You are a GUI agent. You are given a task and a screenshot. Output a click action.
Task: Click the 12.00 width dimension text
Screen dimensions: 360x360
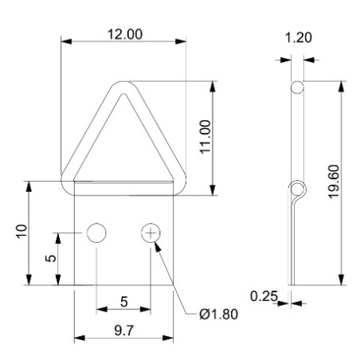(x=123, y=34)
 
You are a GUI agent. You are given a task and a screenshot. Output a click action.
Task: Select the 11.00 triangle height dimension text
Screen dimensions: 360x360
(x=205, y=137)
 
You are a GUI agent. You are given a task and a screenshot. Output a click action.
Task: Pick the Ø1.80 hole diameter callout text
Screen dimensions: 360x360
(x=215, y=313)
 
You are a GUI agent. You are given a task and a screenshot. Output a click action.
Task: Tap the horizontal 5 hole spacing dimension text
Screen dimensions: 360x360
(x=123, y=301)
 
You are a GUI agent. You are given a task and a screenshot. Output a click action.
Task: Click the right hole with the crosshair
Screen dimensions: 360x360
(x=151, y=233)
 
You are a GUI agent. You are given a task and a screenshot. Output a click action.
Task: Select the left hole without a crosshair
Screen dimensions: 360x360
(x=96, y=233)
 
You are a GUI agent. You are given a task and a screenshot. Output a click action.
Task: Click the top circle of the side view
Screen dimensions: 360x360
(x=296, y=87)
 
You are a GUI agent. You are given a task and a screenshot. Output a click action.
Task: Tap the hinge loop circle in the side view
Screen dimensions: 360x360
(x=296, y=189)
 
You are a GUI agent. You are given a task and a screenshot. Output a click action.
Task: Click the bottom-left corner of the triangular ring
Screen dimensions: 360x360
(x=68, y=182)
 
